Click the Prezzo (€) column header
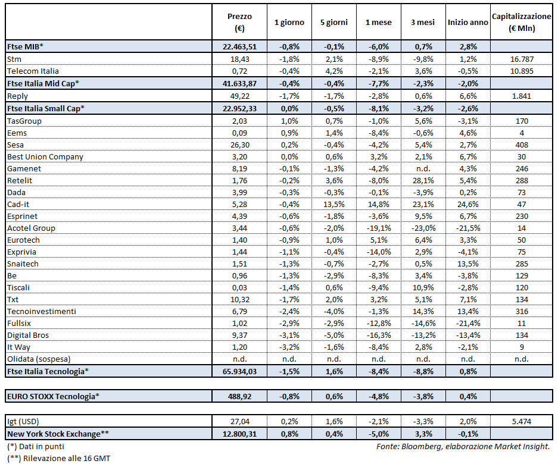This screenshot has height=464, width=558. [x=239, y=22]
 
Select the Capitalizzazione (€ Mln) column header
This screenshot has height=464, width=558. [x=522, y=22]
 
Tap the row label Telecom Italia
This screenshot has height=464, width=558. [x=33, y=71]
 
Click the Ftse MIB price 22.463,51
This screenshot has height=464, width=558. [x=239, y=46]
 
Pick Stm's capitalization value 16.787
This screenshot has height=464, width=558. [x=522, y=59]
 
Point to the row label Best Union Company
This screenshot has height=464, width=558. [x=45, y=156]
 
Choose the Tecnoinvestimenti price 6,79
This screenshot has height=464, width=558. [x=239, y=311]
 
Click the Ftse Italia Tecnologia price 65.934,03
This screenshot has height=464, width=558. [x=239, y=371]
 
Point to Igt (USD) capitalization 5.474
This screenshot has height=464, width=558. [x=522, y=421]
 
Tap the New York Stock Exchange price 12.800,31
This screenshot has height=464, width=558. [x=239, y=434]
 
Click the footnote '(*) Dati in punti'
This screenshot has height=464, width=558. [x=36, y=446]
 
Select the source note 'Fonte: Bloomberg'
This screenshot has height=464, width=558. [x=411, y=446]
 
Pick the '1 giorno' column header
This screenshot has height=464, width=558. [x=289, y=22]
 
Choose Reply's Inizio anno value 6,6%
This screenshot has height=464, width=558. [x=468, y=95]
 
